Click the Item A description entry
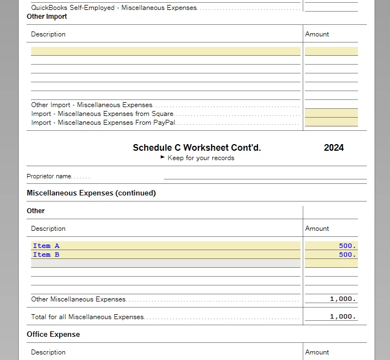click(x=46, y=246)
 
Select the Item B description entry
click(x=46, y=255)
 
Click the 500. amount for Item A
click(x=347, y=246)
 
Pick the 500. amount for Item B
click(x=347, y=255)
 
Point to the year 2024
click(x=334, y=147)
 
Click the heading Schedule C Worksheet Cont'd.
click(x=197, y=147)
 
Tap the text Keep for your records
click(x=201, y=158)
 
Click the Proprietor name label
click(x=49, y=176)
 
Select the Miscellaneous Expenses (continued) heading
click(x=91, y=193)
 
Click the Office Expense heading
click(x=53, y=335)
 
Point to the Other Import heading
click(x=47, y=17)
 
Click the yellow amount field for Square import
click(x=331, y=113)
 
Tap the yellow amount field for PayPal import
click(x=331, y=122)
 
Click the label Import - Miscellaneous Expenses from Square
click(x=102, y=114)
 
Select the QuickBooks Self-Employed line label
click(x=114, y=8)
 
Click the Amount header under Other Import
click(x=317, y=34)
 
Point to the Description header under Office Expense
click(x=48, y=352)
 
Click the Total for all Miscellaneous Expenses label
click(x=87, y=317)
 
